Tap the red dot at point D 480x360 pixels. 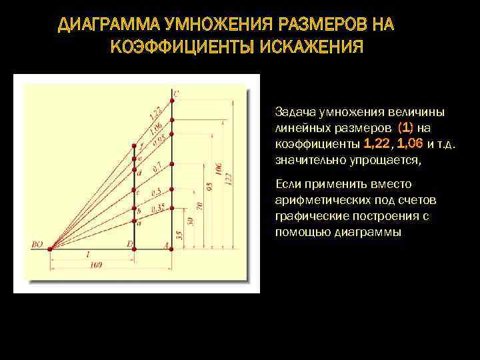134,249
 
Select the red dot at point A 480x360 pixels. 172,249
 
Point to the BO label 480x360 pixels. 37,244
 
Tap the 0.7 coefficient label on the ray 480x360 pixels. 157,168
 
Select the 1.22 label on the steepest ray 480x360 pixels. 154,113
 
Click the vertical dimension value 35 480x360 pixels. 179,235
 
